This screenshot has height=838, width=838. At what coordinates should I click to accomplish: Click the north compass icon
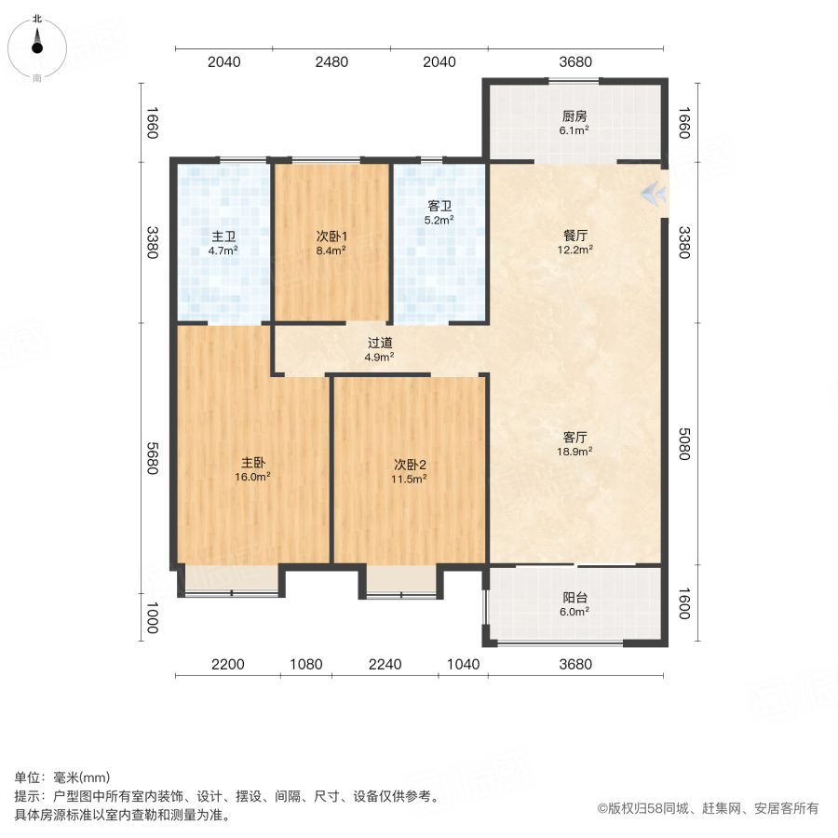pos(37,44)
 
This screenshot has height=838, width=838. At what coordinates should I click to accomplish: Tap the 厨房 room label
pos(574,117)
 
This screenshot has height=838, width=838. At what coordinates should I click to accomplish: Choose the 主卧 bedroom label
pos(254,463)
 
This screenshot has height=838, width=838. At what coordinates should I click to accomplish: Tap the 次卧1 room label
pos(331,236)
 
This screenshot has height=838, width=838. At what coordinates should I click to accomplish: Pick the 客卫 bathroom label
pos(439,206)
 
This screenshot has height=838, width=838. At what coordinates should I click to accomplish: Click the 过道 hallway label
pos(379,342)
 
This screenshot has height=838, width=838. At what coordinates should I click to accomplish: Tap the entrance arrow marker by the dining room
pos(654,194)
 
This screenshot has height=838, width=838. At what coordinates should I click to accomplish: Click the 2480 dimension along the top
pos(331,62)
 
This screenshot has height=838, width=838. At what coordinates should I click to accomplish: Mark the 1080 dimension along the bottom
pos(305,664)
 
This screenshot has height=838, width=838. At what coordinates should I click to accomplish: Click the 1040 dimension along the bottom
pos(464,664)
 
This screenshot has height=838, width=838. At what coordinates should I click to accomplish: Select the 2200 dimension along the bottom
pos(227,664)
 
